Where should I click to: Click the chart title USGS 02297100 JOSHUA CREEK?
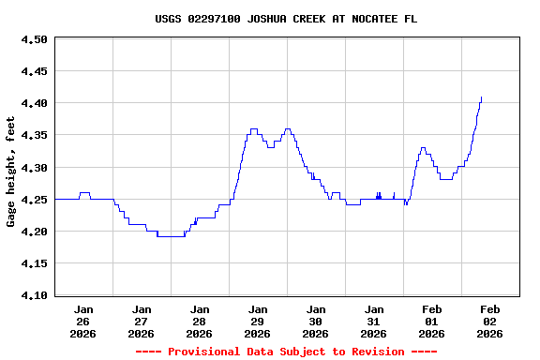(x=286, y=19)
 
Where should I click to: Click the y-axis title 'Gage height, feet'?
(x=11, y=172)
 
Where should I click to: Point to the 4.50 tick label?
(x=34, y=39)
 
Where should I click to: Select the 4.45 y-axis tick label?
(x=34, y=71)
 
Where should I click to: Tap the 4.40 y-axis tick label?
(x=34, y=103)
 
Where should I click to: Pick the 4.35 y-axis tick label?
(x=34, y=135)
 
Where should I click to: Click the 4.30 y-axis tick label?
(x=34, y=168)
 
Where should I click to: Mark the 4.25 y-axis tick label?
(x=34, y=200)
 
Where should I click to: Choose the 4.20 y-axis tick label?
(x=34, y=232)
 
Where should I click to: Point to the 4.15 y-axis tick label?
(x=34, y=263)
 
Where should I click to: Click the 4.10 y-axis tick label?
(x=34, y=295)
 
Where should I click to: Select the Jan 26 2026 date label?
(x=83, y=321)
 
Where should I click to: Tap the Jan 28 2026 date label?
(x=200, y=321)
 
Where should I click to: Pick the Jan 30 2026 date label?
(x=316, y=321)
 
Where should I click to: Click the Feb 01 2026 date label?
(x=432, y=321)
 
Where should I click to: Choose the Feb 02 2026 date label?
(x=490, y=321)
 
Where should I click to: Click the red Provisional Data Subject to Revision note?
(x=286, y=352)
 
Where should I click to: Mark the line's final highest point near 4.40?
(x=481, y=98)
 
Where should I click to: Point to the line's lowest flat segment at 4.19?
(x=171, y=236)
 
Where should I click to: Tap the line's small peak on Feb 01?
(x=424, y=148)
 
